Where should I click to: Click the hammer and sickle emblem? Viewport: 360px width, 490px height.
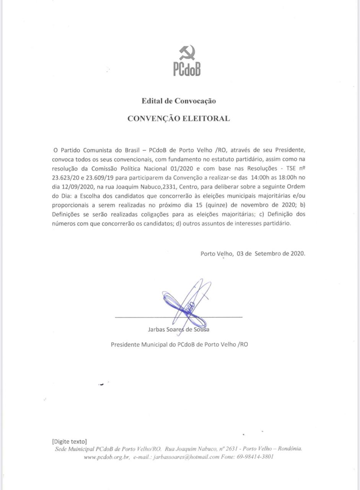187,52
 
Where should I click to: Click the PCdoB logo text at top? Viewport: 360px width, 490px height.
187,69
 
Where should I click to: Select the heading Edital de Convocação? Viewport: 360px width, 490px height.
179,101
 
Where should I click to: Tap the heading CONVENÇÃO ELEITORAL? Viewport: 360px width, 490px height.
179,118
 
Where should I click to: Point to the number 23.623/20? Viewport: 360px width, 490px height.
66,177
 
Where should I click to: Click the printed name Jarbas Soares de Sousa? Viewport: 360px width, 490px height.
178,329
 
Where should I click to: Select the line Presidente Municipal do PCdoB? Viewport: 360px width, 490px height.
179,344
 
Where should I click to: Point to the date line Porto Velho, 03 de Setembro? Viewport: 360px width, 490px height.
252,253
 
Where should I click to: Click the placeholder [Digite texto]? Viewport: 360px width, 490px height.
69,441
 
